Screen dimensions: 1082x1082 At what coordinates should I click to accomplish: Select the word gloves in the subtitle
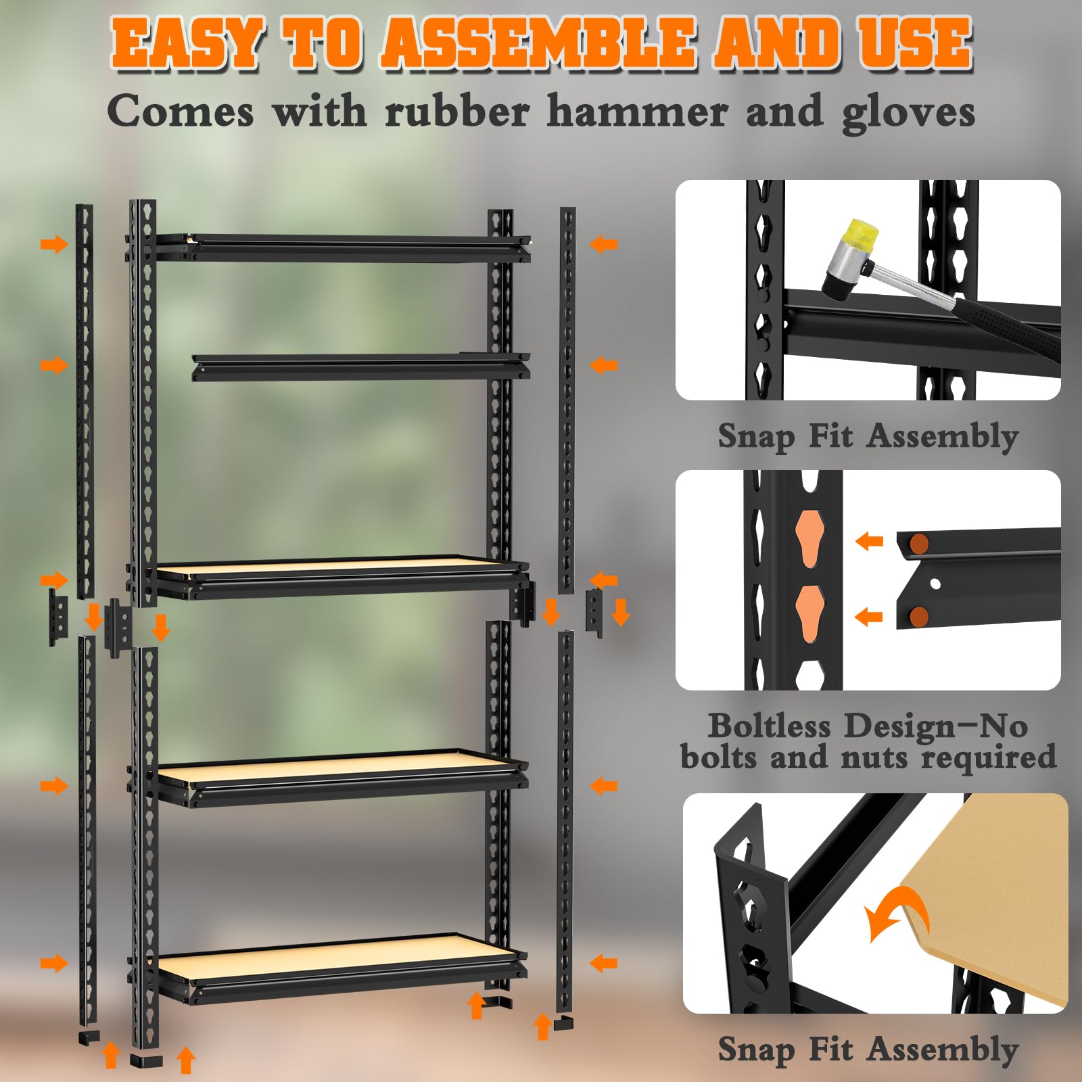[x=908, y=114]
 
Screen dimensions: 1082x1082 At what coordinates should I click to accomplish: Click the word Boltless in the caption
[x=770, y=726]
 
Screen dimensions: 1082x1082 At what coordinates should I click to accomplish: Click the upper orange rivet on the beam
[x=918, y=542]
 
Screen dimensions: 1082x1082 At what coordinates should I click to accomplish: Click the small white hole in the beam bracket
[x=935, y=583]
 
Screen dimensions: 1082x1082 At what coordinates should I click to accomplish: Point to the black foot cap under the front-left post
[x=145, y=1060]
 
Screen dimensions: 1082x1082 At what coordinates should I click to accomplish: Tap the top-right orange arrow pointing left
[x=603, y=244]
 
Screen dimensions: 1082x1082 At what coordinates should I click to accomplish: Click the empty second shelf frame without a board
[x=360, y=367]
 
